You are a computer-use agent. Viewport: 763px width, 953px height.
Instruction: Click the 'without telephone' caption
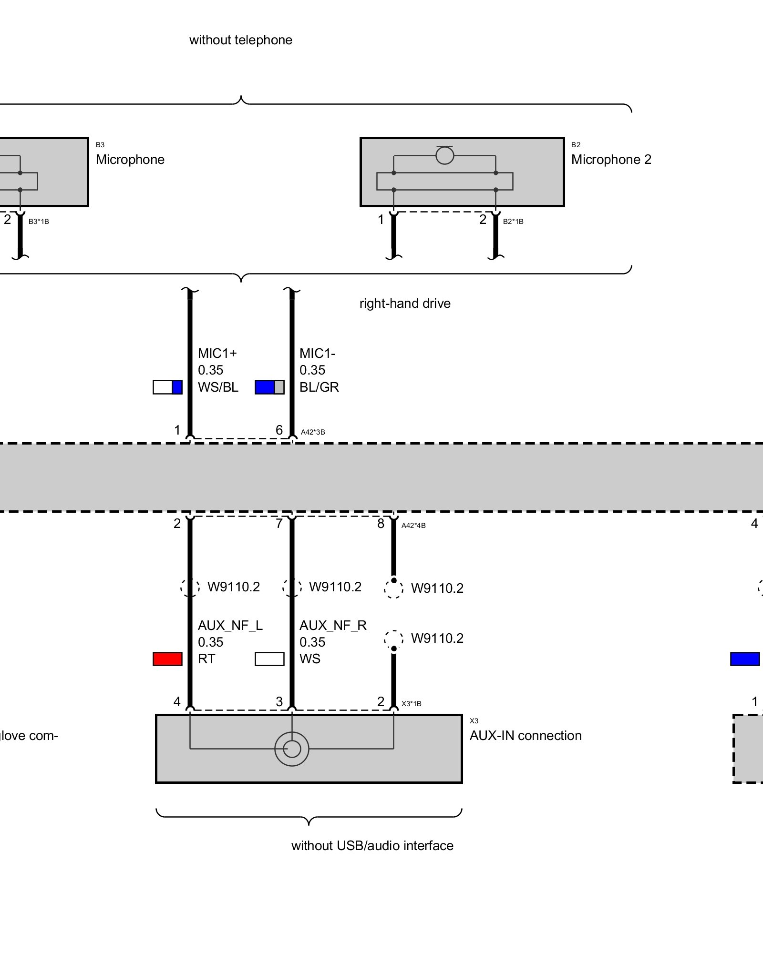pyautogui.click(x=241, y=40)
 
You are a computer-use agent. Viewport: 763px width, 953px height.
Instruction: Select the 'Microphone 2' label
pyautogui.click(x=611, y=160)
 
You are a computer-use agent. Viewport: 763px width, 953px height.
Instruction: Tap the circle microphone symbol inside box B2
pyautogui.click(x=444, y=155)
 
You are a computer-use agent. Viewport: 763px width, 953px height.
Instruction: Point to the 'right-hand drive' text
pyautogui.click(x=405, y=304)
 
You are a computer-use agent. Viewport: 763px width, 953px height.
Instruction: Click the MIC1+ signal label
pyautogui.click(x=217, y=354)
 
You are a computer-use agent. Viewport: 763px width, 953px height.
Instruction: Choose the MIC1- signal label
pyautogui.click(x=318, y=354)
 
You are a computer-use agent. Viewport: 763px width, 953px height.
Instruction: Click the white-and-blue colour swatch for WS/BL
pyautogui.click(x=167, y=387)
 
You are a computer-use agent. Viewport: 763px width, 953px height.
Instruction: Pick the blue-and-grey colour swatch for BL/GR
pyautogui.click(x=269, y=387)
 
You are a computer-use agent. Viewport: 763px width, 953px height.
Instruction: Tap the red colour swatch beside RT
pyautogui.click(x=167, y=659)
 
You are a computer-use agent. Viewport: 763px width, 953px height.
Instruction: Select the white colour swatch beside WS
pyautogui.click(x=269, y=659)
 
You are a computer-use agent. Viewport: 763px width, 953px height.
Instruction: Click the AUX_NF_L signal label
pyautogui.click(x=230, y=626)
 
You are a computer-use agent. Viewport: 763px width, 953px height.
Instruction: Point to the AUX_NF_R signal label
pyautogui.click(x=333, y=626)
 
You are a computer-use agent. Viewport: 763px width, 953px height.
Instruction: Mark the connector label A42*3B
pyautogui.click(x=313, y=432)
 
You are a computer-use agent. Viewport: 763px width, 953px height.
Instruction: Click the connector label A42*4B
pyautogui.click(x=413, y=526)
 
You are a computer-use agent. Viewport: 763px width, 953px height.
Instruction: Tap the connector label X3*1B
pyautogui.click(x=412, y=704)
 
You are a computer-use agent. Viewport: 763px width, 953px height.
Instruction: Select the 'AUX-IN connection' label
pyautogui.click(x=526, y=736)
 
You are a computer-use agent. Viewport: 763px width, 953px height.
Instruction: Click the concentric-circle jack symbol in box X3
pyautogui.click(x=292, y=749)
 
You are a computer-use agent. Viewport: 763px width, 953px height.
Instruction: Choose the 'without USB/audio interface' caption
pyautogui.click(x=372, y=846)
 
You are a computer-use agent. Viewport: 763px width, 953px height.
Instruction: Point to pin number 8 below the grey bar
pyautogui.click(x=381, y=524)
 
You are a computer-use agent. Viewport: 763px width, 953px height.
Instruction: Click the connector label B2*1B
pyautogui.click(x=513, y=222)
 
